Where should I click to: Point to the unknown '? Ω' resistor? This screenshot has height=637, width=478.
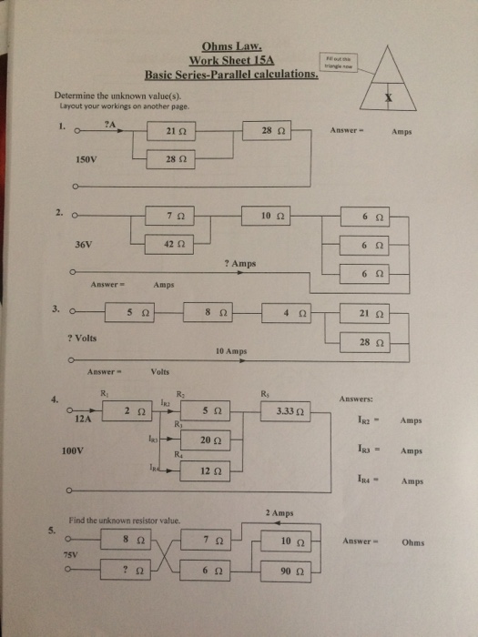[x=136, y=570]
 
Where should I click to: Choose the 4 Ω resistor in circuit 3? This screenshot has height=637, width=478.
[x=291, y=313]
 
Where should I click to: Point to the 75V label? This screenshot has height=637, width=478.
[x=69, y=553]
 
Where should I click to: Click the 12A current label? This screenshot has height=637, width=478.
[x=83, y=420]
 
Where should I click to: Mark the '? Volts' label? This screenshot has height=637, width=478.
[x=83, y=338]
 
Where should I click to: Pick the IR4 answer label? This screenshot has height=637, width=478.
[x=383, y=482]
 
